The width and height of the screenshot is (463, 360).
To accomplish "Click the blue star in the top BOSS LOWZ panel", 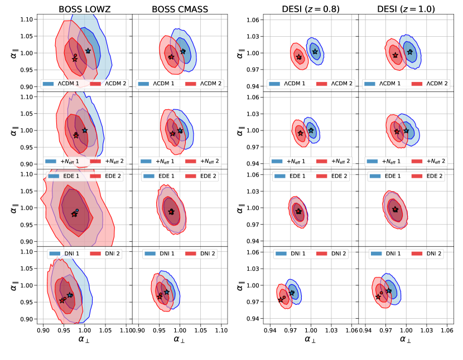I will pos(88,51).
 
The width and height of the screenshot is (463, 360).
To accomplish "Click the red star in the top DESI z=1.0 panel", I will pos(396,55).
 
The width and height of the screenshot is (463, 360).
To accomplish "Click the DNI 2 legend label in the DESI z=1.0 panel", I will pos(435,253).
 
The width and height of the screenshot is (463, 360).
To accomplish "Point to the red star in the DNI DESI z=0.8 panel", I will pos(281,300).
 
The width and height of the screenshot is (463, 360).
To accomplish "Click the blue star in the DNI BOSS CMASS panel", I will pos(166,292).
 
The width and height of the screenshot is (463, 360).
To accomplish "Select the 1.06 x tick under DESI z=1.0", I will pos(446,330).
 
